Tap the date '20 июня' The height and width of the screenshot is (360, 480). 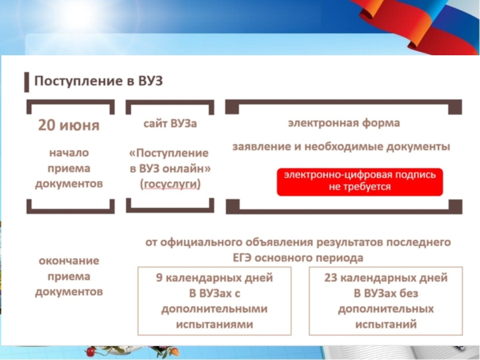coord(69,125)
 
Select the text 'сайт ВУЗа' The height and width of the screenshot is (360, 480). coord(170,124)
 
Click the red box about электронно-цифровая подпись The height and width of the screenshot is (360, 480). coord(359,181)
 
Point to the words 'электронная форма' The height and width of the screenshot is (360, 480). coord(344,124)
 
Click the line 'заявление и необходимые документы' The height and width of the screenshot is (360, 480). coord(341,146)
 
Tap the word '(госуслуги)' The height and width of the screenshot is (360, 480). coord(170,184)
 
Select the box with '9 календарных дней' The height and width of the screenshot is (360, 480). coord(215,301)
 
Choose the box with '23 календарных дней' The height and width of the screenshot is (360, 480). coord(386,301)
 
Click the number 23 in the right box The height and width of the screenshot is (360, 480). coord(330,278)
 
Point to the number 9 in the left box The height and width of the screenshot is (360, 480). coord(158,278)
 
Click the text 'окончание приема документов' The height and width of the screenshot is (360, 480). coord(69,277)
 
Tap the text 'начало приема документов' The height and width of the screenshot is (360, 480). coord(69,168)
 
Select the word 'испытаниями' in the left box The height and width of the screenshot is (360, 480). coord(214,324)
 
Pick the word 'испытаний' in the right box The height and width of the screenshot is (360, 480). coord(386,324)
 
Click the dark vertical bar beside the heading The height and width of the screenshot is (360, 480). coord(26,81)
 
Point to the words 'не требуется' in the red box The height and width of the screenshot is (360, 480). coord(359,187)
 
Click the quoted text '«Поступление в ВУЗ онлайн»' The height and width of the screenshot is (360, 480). coord(170,161)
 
